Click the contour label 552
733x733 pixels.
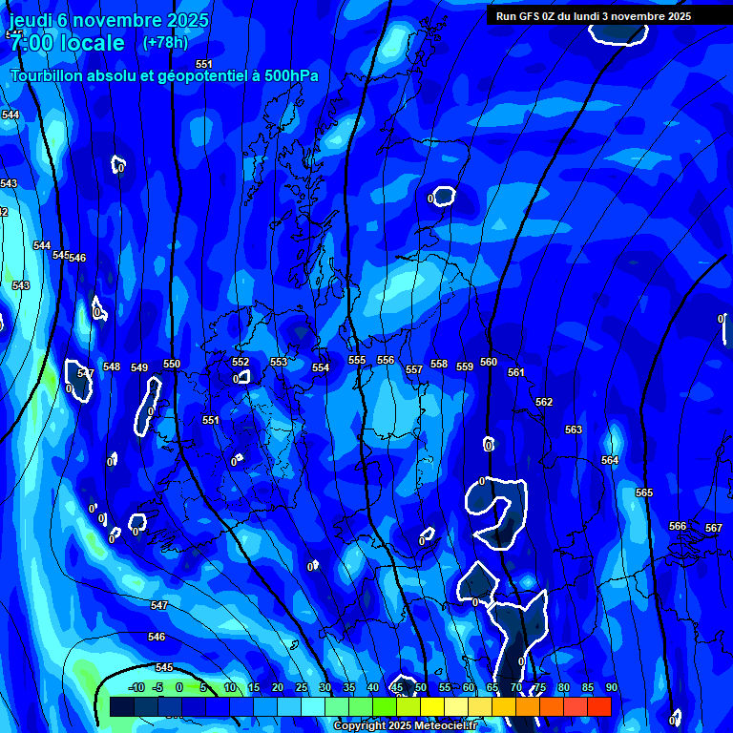tap(241, 362)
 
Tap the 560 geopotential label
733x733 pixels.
tap(489, 362)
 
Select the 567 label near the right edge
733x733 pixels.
tap(714, 528)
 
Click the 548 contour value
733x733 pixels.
tap(112, 366)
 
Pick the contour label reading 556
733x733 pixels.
tap(386, 360)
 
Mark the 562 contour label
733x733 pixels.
tap(544, 402)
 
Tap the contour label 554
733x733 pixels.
tap(321, 367)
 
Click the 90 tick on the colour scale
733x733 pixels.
tap(611, 687)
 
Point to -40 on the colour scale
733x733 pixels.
tap(136, 687)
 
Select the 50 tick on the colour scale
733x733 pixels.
tap(421, 687)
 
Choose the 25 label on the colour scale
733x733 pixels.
tap(302, 687)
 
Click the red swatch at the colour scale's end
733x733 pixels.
tap(598, 706)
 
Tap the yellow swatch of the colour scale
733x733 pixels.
tap(432, 706)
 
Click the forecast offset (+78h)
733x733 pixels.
tap(165, 42)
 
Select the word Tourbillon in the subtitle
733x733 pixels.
tap(47, 75)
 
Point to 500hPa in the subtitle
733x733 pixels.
tap(288, 75)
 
